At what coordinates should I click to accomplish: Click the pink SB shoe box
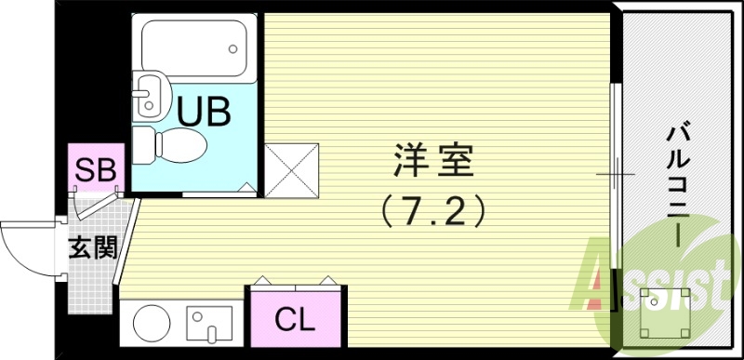[x=96, y=170]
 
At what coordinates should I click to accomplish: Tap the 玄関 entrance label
[x=91, y=248]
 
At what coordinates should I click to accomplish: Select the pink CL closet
[x=295, y=321]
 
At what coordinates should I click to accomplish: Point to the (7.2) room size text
[x=433, y=212]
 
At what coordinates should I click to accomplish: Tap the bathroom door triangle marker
[x=247, y=188]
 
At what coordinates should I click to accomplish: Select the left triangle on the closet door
[x=263, y=278]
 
